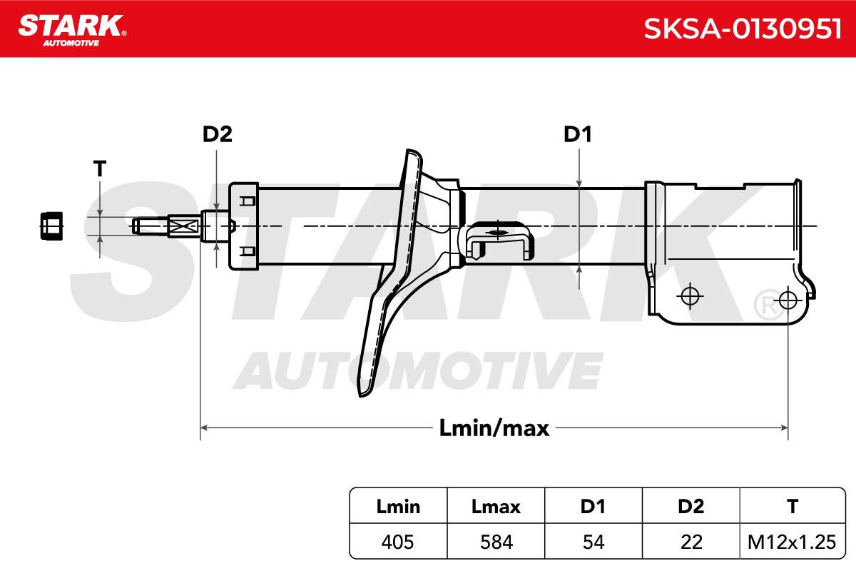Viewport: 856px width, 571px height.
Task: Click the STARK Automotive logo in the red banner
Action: pos(72,30)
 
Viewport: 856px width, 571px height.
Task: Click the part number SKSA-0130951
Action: pos(743,29)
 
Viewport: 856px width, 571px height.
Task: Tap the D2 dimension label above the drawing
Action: pos(217,134)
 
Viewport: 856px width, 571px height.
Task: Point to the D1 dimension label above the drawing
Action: pos(577,134)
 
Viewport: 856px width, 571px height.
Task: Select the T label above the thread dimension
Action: pos(100,168)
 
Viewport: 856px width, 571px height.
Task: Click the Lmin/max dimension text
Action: pos(494,428)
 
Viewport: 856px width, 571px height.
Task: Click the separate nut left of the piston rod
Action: pos(51,226)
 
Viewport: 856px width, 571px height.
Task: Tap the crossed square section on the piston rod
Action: pos(184,226)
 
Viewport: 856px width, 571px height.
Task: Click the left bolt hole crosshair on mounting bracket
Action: pos(691,295)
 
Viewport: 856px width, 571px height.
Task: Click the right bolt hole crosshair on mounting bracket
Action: pos(788,300)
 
